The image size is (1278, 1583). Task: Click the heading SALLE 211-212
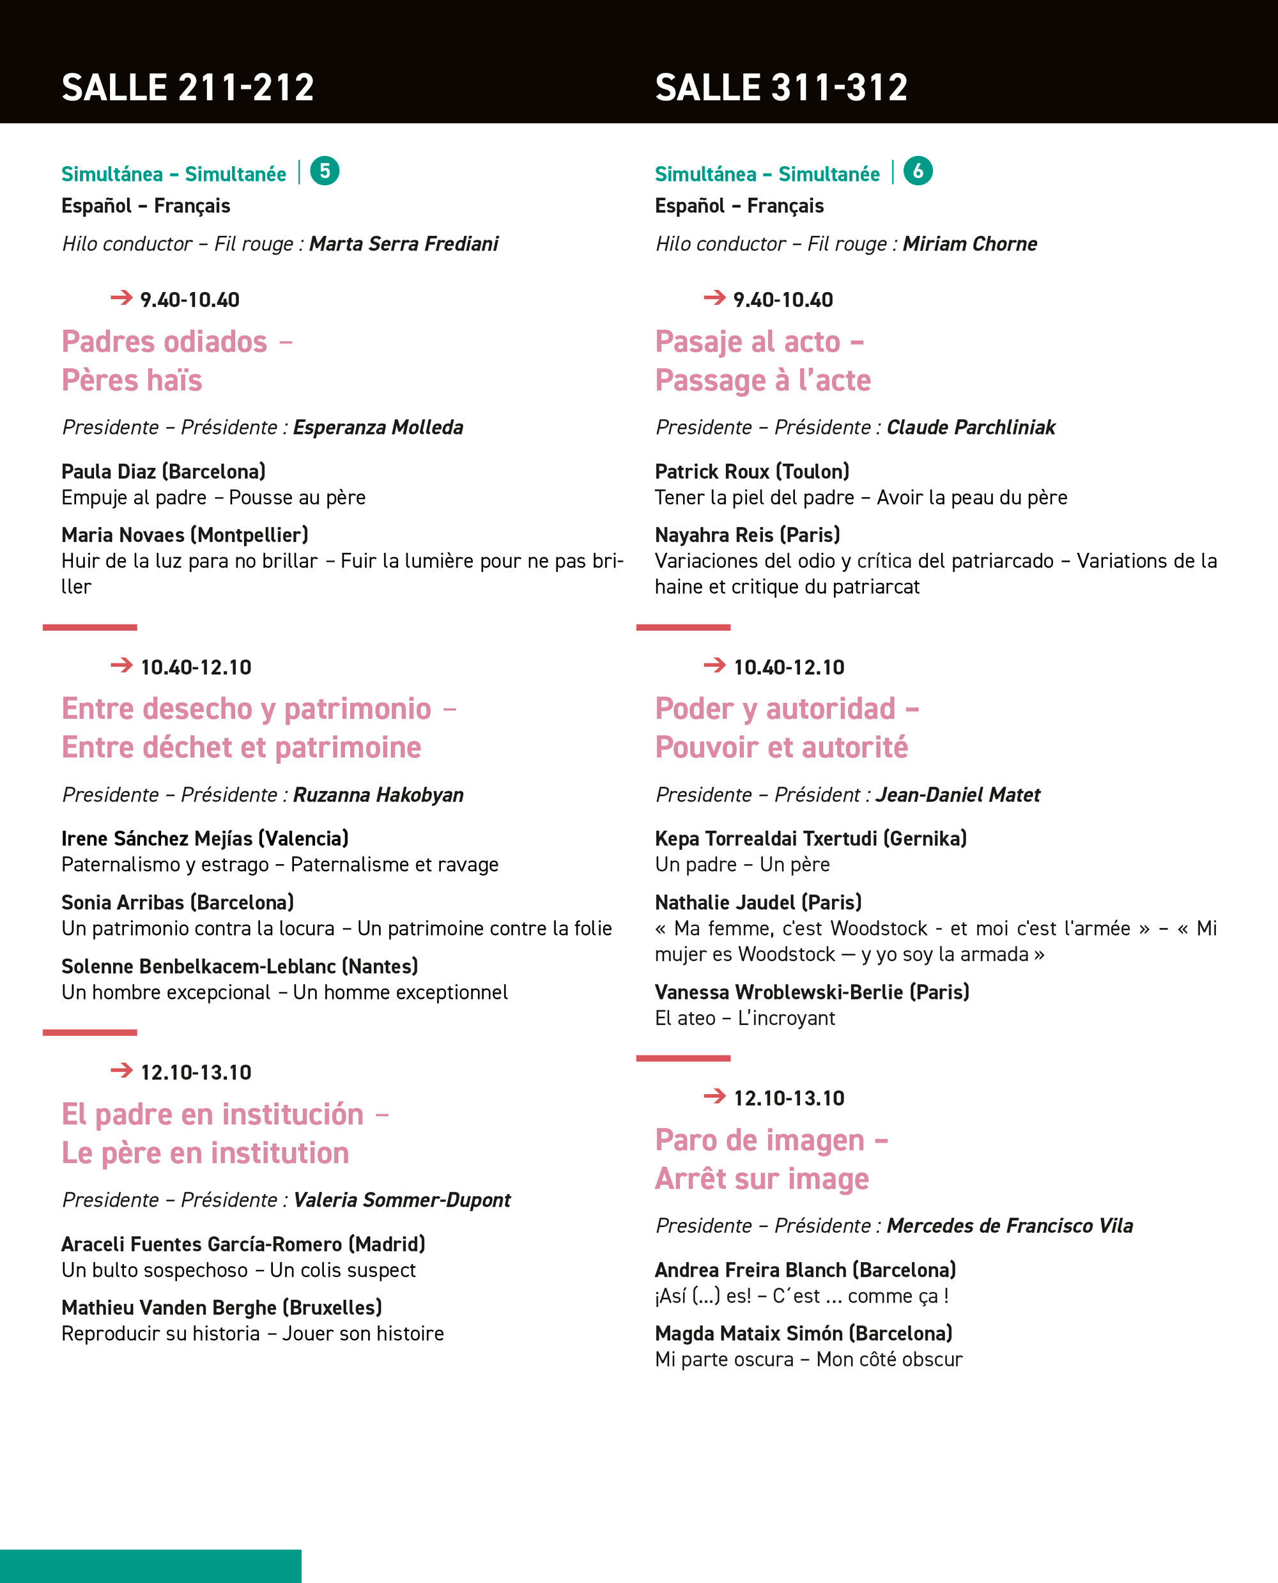188,88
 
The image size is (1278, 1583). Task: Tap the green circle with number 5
325,171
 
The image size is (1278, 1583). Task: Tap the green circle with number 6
918,171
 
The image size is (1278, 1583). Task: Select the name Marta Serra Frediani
403,243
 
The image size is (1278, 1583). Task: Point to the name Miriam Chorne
969,243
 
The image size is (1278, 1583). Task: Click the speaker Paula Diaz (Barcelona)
164,471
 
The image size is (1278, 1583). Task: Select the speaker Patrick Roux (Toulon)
751,471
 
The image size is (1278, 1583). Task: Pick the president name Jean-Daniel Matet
957,795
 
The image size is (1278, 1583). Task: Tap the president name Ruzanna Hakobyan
378,795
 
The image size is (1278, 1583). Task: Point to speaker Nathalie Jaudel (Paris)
758,902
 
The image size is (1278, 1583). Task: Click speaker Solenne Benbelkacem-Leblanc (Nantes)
239,967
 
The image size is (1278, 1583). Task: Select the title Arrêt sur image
762,1180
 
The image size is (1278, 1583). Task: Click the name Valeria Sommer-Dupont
402,1200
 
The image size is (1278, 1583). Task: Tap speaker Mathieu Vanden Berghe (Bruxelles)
222,1308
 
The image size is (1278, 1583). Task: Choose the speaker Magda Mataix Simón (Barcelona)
803,1333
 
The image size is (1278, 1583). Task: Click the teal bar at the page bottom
150,1566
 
